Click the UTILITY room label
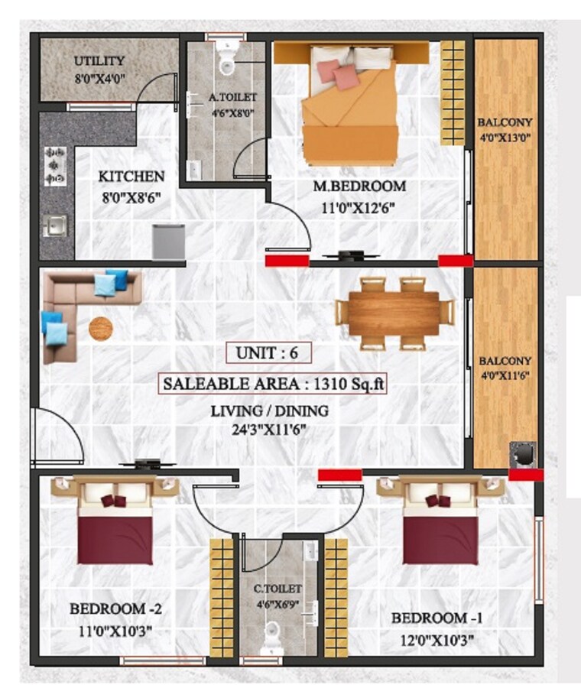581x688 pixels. point(99,61)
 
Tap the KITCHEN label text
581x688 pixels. point(131,177)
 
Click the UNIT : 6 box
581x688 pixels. point(268,354)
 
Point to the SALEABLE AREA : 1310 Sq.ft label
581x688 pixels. point(272,384)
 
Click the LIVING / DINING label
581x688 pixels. point(269,411)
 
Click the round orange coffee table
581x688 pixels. point(100,329)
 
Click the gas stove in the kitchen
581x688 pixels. point(56,166)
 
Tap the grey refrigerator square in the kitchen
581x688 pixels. point(168,242)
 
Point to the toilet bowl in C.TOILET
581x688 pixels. point(271,636)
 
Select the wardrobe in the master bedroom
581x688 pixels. point(453,92)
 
